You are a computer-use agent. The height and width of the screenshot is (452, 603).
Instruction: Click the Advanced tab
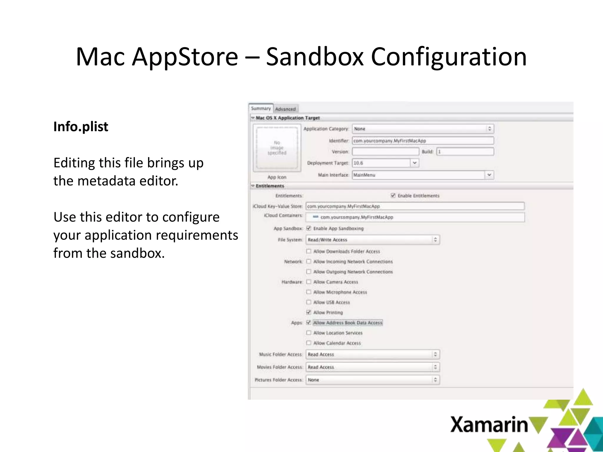click(285, 109)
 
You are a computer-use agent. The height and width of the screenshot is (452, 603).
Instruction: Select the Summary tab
click(261, 108)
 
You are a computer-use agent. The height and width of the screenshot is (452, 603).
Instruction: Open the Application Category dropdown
click(423, 129)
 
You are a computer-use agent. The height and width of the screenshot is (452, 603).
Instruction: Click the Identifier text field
click(423, 141)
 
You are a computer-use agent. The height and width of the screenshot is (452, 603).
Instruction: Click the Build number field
click(465, 152)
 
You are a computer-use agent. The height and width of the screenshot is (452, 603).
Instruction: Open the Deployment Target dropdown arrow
click(415, 163)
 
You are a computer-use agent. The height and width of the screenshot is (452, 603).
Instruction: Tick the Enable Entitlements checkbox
click(393, 195)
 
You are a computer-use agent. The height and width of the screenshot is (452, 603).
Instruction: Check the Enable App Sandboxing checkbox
click(309, 228)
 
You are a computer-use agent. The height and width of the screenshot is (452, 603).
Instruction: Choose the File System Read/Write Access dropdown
click(373, 240)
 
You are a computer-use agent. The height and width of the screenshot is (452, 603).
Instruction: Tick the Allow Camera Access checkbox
click(309, 282)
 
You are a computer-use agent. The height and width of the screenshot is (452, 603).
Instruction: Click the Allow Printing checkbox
click(309, 312)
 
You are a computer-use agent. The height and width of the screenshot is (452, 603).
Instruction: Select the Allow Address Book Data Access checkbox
click(309, 323)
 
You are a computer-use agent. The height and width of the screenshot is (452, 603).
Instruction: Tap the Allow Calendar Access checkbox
click(309, 343)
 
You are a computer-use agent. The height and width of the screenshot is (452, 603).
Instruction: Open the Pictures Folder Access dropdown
click(373, 380)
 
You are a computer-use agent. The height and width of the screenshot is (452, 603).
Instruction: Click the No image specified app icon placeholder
click(277, 148)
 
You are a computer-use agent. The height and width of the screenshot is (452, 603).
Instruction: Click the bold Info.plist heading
click(81, 127)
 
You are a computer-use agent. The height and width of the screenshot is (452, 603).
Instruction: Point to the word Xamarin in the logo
click(489, 425)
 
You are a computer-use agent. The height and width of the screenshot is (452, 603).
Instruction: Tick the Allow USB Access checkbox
click(309, 302)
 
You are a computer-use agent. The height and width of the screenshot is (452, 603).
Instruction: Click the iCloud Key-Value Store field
click(415, 206)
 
